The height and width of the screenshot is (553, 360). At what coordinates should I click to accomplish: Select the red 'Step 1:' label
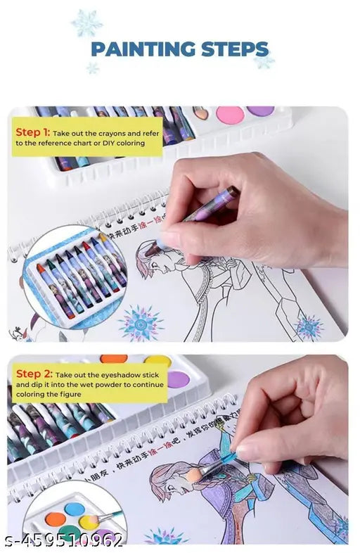32,132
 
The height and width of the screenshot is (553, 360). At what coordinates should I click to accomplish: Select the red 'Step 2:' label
33,374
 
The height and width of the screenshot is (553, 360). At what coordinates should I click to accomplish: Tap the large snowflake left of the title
86,23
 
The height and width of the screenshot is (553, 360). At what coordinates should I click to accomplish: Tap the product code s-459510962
63,540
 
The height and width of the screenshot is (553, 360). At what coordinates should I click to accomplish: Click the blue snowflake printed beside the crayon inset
141,322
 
